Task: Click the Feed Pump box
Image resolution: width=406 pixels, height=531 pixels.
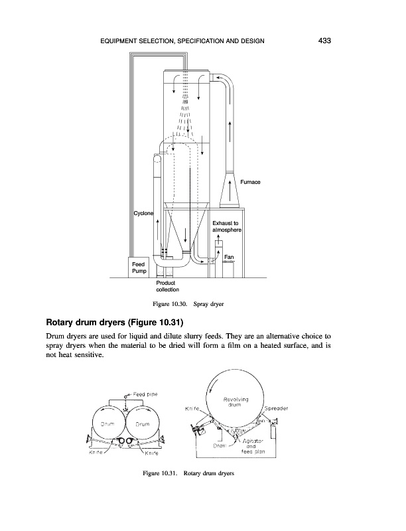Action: [x=138, y=267]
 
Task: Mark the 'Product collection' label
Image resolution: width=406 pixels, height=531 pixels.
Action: [x=167, y=286]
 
